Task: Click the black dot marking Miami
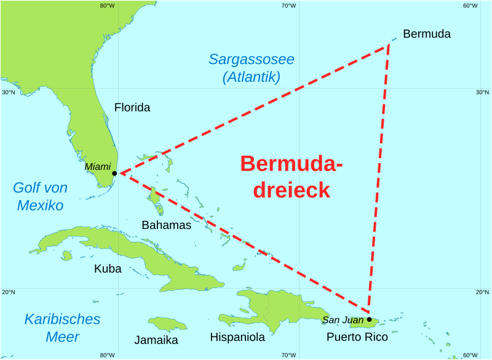coord(114,174)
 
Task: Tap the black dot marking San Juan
coord(369,319)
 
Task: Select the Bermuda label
coord(426,34)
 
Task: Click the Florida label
coord(132,108)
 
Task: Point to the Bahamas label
coord(166,225)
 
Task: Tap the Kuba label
coord(108,269)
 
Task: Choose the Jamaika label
coord(156,340)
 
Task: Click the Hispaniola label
coord(237,337)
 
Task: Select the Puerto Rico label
coord(357,337)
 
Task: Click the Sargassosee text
coord(251,60)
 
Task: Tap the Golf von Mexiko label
coord(40,197)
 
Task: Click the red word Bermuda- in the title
coord(291,164)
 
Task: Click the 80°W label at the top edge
coord(107,6)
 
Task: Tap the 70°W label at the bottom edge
coord(288,355)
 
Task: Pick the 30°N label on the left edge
coord(8,92)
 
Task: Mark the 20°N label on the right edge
coord(482,292)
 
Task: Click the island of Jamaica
coord(167,324)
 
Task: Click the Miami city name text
coord(97,167)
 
